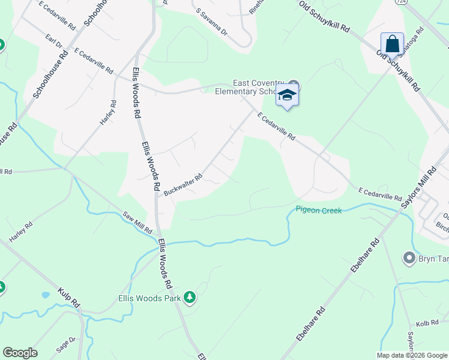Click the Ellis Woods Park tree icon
(x=190, y=297)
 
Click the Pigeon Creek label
(x=318, y=210)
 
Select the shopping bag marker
(x=392, y=44)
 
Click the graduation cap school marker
(x=288, y=95)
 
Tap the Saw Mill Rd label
(x=139, y=223)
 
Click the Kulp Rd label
(x=69, y=298)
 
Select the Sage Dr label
(x=67, y=343)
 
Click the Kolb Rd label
(x=427, y=323)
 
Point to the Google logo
(x=20, y=353)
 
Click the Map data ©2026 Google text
(x=412, y=355)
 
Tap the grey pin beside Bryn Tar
(x=409, y=258)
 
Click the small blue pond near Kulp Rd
(x=44, y=295)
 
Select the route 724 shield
(x=399, y=2)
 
